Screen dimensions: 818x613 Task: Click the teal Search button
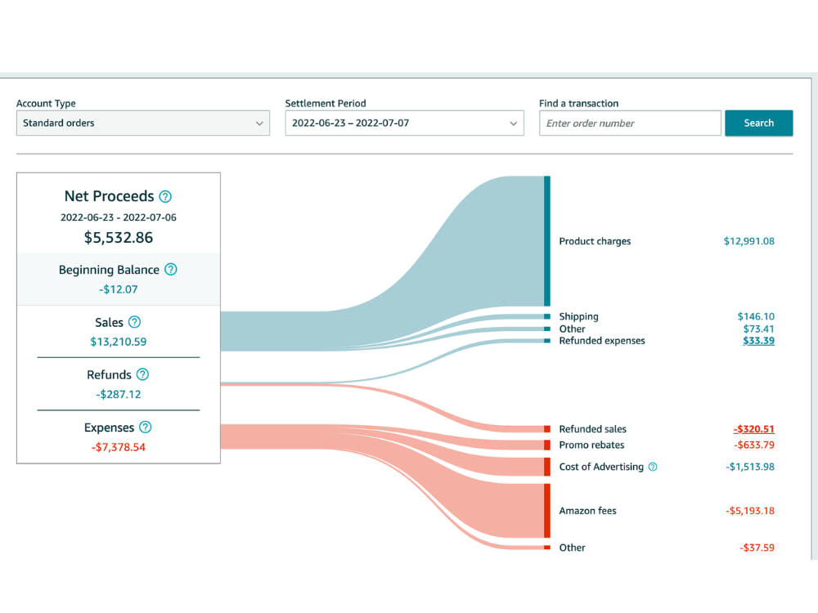(758, 123)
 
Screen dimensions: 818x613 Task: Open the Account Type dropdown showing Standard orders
(143, 123)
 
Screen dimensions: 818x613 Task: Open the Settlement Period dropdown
(404, 123)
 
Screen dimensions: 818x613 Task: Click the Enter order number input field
(630, 123)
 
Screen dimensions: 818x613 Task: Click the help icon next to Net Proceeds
(165, 196)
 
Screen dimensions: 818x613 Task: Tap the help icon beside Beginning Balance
(171, 270)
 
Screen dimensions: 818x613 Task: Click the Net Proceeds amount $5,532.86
(119, 238)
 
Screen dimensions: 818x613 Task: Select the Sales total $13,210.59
(119, 342)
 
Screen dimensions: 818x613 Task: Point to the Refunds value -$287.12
(119, 394)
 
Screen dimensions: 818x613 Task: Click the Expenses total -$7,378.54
(119, 447)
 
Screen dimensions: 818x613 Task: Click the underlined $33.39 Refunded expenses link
(758, 340)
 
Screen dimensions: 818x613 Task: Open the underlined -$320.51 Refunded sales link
(754, 429)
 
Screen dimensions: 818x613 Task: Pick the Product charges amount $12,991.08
(748, 241)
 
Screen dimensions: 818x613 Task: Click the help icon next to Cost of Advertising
(653, 467)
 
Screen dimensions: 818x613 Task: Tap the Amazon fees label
(587, 511)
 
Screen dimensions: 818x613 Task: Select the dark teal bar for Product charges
(547, 241)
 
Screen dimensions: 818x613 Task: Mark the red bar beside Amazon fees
(547, 511)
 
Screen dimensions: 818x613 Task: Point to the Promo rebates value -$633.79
(754, 445)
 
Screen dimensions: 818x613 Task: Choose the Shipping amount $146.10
(756, 316)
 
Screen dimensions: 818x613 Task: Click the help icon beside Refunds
(142, 374)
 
